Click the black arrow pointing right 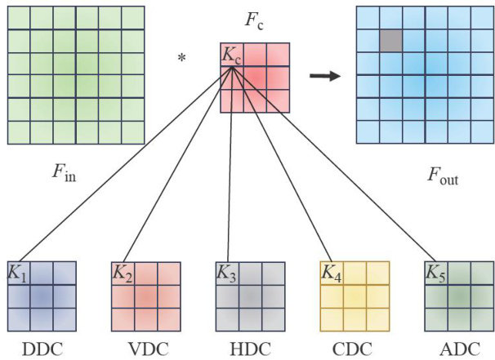click(x=325, y=77)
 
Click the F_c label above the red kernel click(x=253, y=19)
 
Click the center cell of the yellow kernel click(x=355, y=296)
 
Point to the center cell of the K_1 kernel click(x=42, y=296)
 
